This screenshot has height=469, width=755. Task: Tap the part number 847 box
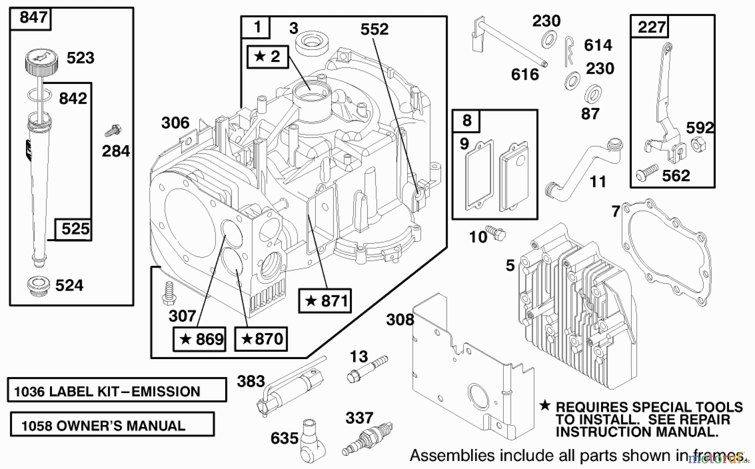[x=30, y=18]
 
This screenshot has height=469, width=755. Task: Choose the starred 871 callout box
[x=325, y=300]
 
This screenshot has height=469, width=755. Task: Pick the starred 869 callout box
[x=199, y=339]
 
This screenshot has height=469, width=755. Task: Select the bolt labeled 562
[x=647, y=172]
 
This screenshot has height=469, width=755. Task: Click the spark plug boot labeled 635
[x=311, y=438]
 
